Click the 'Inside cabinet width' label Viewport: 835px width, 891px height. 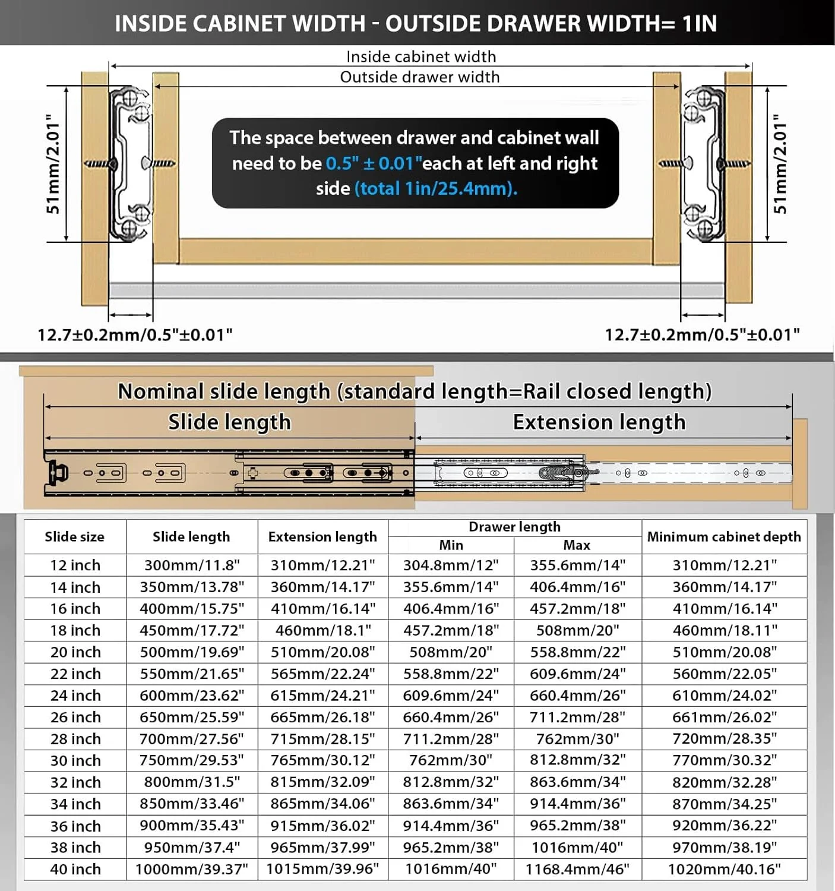[x=420, y=56]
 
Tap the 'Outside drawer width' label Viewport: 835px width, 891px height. [x=419, y=77]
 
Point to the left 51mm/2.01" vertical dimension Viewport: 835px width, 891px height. [x=53, y=164]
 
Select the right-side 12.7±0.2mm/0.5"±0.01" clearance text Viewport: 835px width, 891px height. [x=702, y=334]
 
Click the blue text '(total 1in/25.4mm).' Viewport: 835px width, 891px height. [x=436, y=189]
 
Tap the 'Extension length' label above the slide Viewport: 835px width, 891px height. [x=599, y=422]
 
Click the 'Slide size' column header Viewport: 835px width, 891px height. [x=74, y=537]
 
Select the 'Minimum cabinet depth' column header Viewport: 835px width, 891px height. [x=723, y=537]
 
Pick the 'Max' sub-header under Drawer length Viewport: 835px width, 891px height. [x=576, y=545]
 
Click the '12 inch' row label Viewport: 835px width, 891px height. [x=75, y=565]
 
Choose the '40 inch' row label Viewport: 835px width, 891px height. [x=75, y=869]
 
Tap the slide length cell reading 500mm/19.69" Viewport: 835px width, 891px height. [x=192, y=652]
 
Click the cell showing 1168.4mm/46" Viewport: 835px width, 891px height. [x=577, y=869]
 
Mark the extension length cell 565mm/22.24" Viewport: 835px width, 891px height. [x=322, y=674]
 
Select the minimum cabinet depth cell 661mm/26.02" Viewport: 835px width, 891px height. [x=724, y=717]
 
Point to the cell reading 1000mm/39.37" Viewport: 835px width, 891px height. [x=192, y=869]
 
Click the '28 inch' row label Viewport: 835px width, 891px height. [x=75, y=739]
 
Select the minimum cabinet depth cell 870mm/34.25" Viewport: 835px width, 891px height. [x=724, y=804]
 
